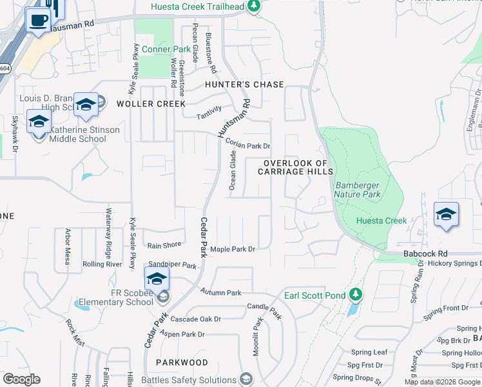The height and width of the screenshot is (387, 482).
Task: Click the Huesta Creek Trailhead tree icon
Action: (255, 6)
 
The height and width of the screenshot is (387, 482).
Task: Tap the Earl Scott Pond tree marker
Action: (355, 295)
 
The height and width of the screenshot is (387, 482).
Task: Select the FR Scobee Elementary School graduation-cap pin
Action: (156, 281)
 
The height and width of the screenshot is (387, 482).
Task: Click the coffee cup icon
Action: (38, 19)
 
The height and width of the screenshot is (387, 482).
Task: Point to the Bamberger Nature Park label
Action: (358, 189)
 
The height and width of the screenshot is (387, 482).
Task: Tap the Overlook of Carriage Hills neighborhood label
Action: (295, 167)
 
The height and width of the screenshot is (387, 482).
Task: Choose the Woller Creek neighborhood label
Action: (151, 103)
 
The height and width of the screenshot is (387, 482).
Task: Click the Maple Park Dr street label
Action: (233, 249)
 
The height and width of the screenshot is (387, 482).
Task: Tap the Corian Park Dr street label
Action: (247, 146)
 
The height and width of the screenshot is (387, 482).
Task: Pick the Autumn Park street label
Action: (220, 293)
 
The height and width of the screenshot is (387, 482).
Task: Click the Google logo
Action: (21, 379)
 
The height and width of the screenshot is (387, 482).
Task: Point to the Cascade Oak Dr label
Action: (195, 319)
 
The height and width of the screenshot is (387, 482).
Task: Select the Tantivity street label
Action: (209, 113)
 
